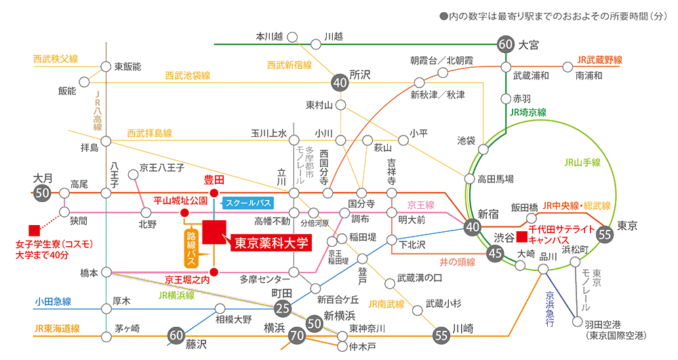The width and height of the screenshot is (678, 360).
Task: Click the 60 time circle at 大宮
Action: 506,44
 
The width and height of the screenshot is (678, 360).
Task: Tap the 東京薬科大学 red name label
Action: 271,243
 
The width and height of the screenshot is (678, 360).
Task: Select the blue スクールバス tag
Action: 247,203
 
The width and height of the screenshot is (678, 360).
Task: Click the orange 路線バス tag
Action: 191,247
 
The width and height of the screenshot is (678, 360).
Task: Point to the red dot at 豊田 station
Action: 214,193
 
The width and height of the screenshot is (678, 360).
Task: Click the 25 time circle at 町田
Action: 283,308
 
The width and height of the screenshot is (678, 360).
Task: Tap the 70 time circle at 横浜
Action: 297,336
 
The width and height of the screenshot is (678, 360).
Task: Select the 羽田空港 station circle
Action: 577,322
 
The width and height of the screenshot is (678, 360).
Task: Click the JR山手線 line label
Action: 582,163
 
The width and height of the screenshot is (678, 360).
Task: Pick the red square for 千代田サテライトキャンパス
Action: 522,237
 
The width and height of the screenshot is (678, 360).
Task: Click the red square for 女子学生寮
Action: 34,231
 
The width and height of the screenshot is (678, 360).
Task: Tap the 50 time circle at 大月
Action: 42,193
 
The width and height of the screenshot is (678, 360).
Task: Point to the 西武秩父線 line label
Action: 56,59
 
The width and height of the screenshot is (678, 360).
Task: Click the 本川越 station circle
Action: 293,37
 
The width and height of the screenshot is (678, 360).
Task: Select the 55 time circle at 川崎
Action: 441,336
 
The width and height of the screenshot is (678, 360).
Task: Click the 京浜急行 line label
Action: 550,308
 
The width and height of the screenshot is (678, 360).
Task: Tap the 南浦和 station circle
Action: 567,67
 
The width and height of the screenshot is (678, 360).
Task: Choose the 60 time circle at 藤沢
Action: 176,336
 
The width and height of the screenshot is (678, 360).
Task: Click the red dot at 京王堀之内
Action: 214,272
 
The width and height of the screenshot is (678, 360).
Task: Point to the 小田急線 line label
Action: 53,302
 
